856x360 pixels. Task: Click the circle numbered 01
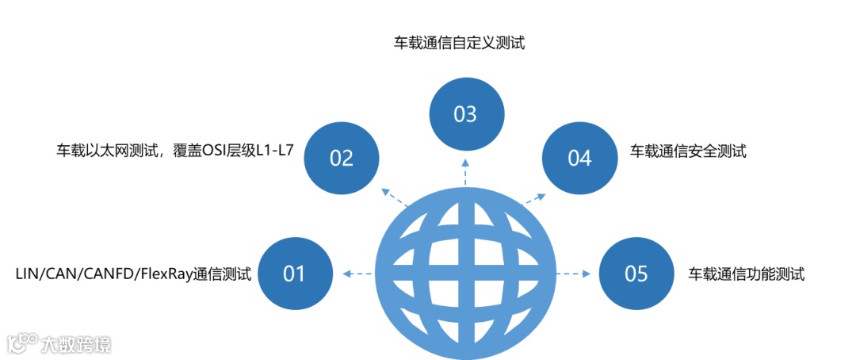coord(295,274)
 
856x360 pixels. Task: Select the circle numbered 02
coord(342,158)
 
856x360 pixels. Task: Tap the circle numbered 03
coord(465,114)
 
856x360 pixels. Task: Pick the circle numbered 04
coord(579,158)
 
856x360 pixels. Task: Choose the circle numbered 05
coord(636,274)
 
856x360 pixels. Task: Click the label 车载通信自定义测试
coord(460,43)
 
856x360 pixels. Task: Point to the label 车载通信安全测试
coord(688,151)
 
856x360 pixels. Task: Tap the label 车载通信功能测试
coord(747,274)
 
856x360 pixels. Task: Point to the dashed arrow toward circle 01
coord(357,274)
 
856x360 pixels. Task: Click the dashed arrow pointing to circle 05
coord(573,274)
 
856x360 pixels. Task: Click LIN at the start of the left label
coord(27,274)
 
